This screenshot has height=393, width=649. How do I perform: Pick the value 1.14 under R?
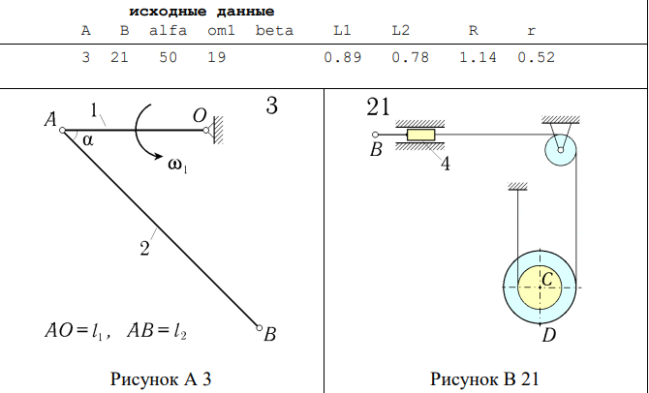tap(478, 58)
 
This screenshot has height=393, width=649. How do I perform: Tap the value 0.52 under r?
tap(536, 58)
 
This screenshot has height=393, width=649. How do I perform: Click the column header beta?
tap(274, 30)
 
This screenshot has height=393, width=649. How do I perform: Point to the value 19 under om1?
tap(216, 58)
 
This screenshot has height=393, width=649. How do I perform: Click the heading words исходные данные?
tap(201, 12)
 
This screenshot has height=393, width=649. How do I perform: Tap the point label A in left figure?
tap(49, 120)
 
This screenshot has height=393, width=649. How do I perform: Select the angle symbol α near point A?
tap(88, 140)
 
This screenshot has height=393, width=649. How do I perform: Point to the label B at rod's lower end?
tap(270, 335)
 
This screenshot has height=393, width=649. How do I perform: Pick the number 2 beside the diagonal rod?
tap(144, 249)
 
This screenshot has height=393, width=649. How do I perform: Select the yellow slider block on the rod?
tap(421, 134)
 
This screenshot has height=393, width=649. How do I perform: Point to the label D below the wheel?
tap(549, 335)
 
